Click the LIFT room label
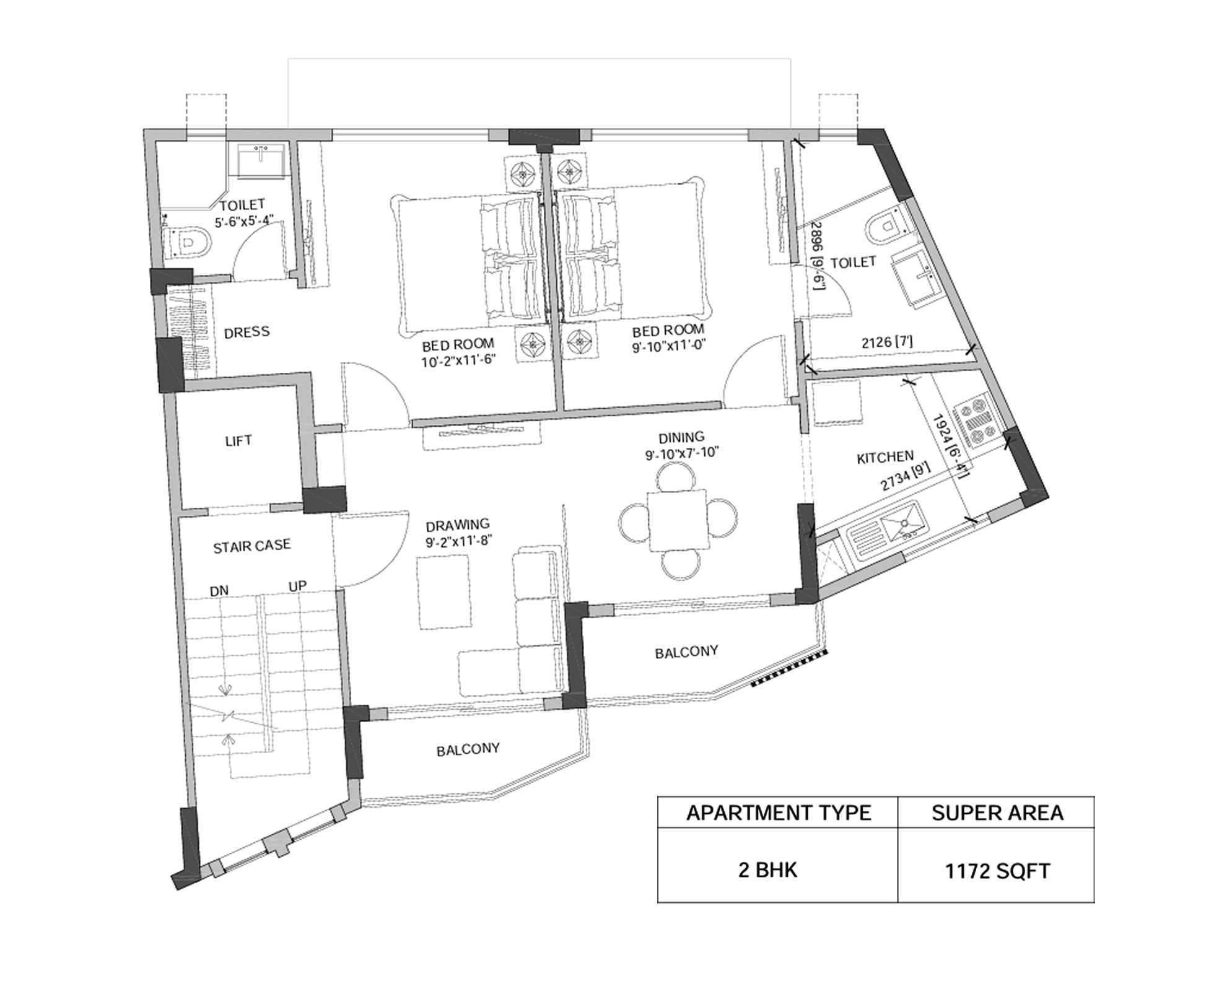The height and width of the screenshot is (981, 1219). click(x=238, y=441)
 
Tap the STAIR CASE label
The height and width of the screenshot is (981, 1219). click(x=251, y=546)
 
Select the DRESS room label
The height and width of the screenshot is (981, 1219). click(x=247, y=333)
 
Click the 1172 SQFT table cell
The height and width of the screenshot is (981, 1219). click(x=997, y=871)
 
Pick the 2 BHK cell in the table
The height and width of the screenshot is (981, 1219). click(x=767, y=870)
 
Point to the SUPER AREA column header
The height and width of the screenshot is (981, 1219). click(x=997, y=813)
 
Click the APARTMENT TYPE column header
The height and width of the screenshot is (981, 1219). click(x=778, y=813)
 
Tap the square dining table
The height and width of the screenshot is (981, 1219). click(x=678, y=520)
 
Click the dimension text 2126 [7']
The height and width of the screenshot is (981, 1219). click(x=886, y=342)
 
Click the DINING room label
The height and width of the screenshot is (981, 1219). click(x=681, y=437)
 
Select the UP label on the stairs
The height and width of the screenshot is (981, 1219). click(x=297, y=586)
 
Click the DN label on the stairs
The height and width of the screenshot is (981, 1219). click(x=219, y=591)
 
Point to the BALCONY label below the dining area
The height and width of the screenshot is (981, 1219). click(x=686, y=652)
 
